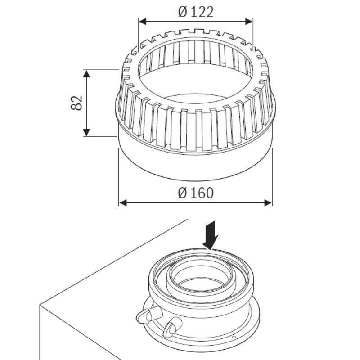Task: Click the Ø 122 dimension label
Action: pyautogui.click(x=196, y=12)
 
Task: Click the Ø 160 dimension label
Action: pyautogui.click(x=196, y=193)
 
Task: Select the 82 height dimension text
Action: pyautogui.click(x=76, y=103)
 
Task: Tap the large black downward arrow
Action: pyautogui.click(x=210, y=235)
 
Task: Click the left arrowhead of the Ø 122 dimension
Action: pyautogui.click(x=143, y=22)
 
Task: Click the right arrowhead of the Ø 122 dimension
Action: pyautogui.click(x=249, y=22)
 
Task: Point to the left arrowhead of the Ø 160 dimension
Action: pyautogui.click(x=123, y=203)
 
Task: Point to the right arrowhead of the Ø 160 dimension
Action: pyautogui.click(x=268, y=203)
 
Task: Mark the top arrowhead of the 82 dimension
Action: pyautogui.click(x=86, y=74)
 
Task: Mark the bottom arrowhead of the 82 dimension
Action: pyautogui.click(x=86, y=132)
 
